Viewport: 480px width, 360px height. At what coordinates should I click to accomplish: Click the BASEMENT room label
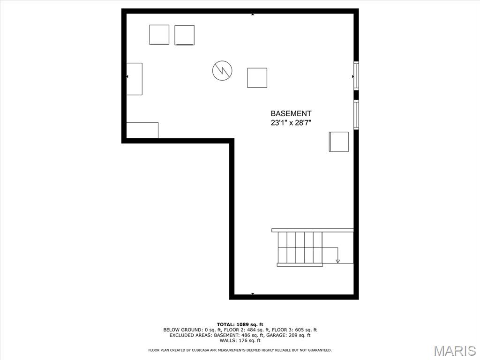pos(291,113)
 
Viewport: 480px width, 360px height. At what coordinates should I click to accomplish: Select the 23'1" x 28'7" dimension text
pos(291,123)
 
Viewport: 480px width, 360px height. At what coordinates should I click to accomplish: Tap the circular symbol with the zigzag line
pos(222,71)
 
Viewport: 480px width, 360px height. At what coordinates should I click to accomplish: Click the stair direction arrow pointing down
pos(337,261)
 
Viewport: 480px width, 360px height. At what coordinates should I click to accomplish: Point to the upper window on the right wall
pos(356,76)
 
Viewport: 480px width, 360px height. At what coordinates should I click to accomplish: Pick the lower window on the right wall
pos(356,115)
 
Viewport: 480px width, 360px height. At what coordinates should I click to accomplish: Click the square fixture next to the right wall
pos(339,142)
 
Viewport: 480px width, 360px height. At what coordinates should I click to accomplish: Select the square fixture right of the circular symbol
pos(257,78)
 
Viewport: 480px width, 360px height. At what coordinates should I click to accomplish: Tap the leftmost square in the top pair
pos(159,35)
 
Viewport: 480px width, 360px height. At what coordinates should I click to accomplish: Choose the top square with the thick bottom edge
pos(184,35)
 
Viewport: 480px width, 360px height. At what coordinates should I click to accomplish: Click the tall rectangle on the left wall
pos(134,79)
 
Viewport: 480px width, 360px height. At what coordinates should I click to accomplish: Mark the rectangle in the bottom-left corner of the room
pos(142,130)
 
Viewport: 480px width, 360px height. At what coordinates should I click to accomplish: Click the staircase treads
pos(300,247)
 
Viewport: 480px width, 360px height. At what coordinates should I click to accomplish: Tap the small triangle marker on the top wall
pos(253,15)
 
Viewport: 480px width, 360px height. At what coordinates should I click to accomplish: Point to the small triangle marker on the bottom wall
pos(253,294)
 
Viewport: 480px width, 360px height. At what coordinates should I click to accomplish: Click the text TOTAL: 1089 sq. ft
pos(240,324)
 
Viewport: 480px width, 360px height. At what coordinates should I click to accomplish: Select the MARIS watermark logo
pos(454,351)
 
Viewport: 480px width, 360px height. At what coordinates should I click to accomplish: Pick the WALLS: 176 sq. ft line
pos(240,340)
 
